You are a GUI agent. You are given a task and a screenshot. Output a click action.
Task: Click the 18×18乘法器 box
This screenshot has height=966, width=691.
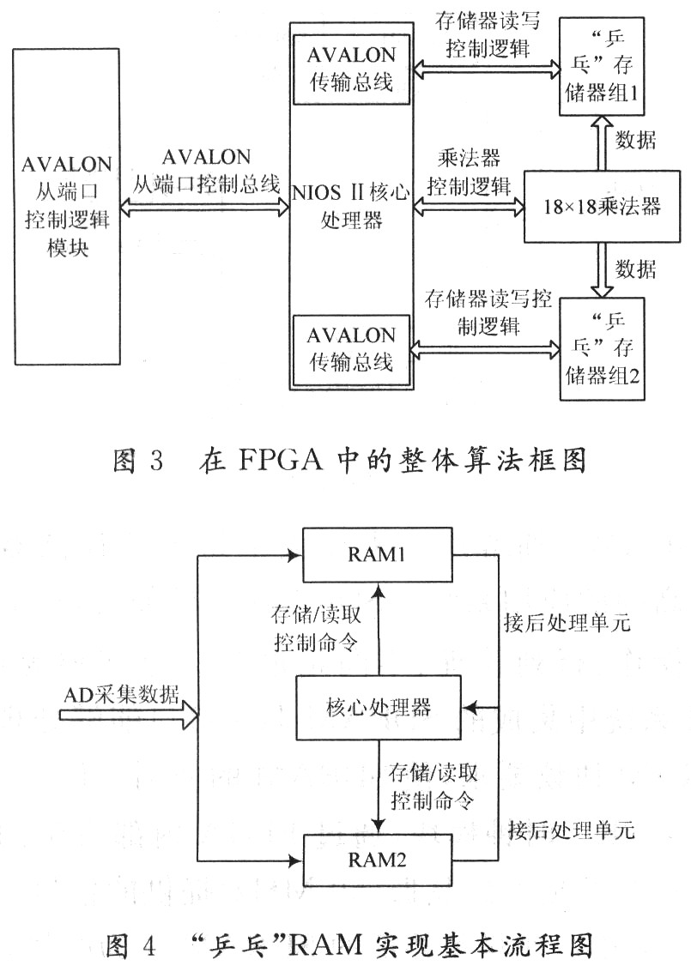tap(602, 206)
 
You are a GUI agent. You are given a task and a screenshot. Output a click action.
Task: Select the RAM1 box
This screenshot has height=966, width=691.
tap(377, 554)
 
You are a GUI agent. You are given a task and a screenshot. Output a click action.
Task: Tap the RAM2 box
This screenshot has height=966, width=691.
tap(377, 860)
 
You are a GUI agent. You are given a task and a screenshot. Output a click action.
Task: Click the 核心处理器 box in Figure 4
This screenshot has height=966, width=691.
tap(379, 707)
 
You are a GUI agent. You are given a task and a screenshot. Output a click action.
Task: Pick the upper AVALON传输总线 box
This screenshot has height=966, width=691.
tap(351, 69)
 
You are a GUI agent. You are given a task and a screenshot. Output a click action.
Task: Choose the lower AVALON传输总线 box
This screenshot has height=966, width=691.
tap(351, 349)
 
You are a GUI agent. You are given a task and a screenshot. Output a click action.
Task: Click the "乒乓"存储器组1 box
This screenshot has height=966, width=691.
tap(602, 67)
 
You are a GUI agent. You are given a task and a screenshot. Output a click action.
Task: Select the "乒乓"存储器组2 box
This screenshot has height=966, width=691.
tap(602, 348)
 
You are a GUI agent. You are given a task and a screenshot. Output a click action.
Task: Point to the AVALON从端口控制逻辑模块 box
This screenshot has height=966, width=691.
tap(67, 207)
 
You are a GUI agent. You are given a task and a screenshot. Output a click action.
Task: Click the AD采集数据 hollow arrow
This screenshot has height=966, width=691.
tap(130, 715)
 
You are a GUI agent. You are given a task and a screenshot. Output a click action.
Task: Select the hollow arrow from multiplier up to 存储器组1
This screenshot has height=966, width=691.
tap(602, 143)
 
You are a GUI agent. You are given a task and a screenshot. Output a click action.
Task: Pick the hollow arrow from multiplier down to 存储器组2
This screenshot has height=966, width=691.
tap(602, 270)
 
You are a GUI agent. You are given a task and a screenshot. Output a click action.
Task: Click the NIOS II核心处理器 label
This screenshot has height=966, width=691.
tap(351, 206)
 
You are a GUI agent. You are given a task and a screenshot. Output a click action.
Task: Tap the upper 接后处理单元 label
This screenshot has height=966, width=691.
tap(567, 622)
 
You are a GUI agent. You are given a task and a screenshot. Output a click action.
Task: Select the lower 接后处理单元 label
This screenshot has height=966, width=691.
tap(572, 830)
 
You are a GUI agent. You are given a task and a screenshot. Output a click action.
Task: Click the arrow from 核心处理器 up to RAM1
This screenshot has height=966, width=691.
tap(379, 629)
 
